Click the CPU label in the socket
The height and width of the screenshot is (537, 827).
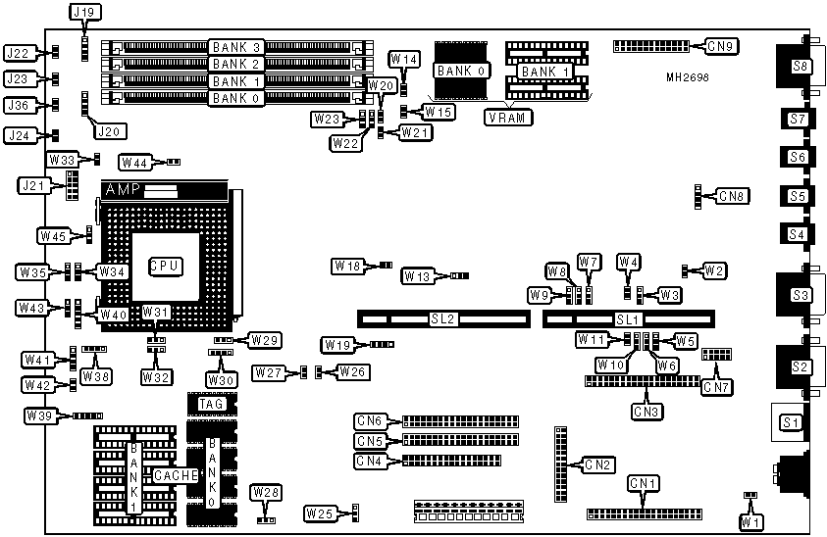pos(164,266)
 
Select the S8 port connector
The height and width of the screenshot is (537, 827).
pos(801,67)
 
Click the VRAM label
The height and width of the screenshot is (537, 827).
pos(509,118)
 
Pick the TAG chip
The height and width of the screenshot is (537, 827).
pos(212,403)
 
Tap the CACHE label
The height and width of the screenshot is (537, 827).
pos(175,474)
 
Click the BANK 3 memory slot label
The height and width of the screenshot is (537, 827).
pos(235,47)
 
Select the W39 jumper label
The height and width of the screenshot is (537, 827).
pos(40,416)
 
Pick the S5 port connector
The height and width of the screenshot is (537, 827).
pos(797,196)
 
